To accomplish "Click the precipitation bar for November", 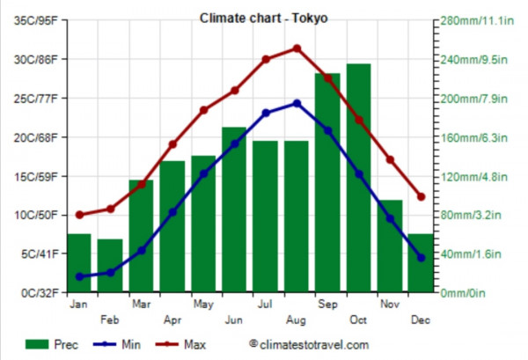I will (x=390, y=246).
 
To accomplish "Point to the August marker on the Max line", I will (x=297, y=48).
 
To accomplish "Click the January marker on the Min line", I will (x=79, y=276).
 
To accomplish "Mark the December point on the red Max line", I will (x=421, y=197).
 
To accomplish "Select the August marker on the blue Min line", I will (x=297, y=103).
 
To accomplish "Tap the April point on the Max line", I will (x=172, y=144).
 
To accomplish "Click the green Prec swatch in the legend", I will (x=38, y=345).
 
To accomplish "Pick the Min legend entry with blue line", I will (x=118, y=345).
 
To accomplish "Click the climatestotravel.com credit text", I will (x=309, y=345).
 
